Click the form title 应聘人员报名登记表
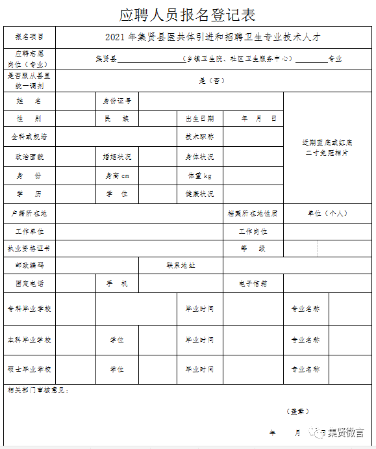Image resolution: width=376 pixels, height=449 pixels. coord(187,14)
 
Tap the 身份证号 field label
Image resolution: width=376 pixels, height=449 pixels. coord(117,101)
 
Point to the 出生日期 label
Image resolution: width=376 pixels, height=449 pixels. coord(199,119)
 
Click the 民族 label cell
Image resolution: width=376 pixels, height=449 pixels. coord(117,119)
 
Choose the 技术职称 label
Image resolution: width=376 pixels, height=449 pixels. coord(199,137)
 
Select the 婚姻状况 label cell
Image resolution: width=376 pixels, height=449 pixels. coord(117,157)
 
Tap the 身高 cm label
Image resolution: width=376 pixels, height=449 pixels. coord(117,175)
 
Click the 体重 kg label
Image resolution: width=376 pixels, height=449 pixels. coord(199,175)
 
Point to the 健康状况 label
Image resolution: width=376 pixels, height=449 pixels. coord(199,194)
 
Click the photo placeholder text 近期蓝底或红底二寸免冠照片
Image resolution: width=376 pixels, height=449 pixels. coord(328,148)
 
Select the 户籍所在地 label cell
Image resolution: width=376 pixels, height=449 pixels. coord(29,213)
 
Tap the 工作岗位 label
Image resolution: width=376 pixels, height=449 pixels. coord(253,231)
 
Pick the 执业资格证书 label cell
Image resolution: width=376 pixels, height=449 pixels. coord(29,248)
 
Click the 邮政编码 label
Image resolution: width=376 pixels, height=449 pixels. coord(29,266)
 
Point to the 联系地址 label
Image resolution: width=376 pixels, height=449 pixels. coord(181,266)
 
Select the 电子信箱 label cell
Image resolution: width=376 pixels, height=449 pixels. coord(253,283)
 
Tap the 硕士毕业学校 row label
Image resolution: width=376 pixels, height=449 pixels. coord(29,369)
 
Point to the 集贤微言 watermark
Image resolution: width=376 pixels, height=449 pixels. coord(344,433)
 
